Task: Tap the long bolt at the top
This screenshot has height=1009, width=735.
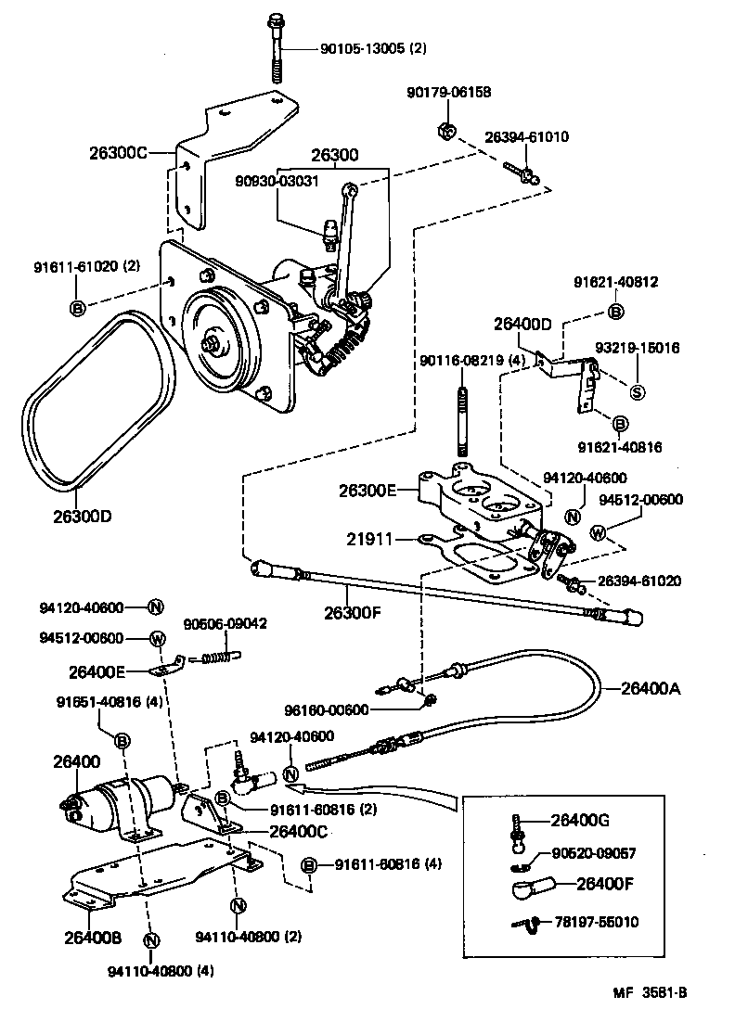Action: point(275,46)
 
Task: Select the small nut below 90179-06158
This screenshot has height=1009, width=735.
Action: point(445,132)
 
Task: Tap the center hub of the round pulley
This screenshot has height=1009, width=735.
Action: point(215,346)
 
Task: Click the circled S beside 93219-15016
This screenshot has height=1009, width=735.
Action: point(638,390)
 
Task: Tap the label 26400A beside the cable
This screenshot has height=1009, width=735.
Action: point(650,688)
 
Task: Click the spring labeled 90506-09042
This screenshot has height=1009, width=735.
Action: point(220,658)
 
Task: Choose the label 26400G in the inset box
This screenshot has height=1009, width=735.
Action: point(581,820)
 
